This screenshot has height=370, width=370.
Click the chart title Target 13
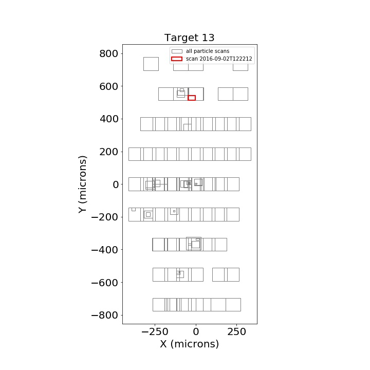point(189,38)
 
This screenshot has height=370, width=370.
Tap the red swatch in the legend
point(177,59)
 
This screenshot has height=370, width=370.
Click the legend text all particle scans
point(208,51)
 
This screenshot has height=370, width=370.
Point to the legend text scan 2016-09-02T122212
point(219,59)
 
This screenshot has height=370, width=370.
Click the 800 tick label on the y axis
point(108,54)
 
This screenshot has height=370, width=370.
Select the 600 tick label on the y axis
point(108,87)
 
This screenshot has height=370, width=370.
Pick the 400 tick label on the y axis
point(108,119)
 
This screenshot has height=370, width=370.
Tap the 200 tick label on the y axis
point(108,152)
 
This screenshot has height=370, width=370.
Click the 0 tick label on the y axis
point(116,184)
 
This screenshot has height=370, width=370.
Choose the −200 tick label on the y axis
point(104,217)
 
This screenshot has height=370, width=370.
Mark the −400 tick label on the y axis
point(104,250)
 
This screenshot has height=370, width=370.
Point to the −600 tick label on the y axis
point(104,283)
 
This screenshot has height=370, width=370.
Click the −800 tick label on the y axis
point(104,315)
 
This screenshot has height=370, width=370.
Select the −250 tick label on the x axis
point(155,332)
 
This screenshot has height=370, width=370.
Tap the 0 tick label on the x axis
point(196,332)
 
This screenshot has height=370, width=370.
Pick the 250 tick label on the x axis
point(237,332)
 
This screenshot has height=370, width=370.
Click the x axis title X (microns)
point(190,344)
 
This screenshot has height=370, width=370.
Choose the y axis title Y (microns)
point(83,184)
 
